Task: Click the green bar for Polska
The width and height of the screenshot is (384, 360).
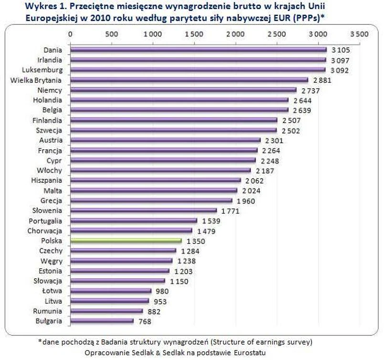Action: (126, 241)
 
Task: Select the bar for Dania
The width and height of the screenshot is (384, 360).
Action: (198, 49)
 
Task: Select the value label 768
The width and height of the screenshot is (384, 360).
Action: (145, 321)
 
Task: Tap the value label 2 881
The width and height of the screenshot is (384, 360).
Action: (322, 80)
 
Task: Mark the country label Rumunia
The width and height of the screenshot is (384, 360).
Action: (49, 311)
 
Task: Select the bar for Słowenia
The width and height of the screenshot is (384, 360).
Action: (143, 211)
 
